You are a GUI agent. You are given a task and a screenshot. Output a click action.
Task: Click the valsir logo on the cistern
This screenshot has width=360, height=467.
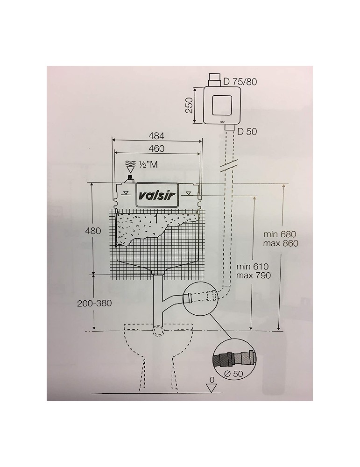tap(157, 196)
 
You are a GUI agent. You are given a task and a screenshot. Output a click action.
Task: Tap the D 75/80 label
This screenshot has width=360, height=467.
tap(240, 82)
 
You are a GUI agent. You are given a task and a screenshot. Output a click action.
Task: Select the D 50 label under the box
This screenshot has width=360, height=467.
tap(247, 131)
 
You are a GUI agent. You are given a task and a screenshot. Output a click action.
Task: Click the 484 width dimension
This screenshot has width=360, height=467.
tap(157, 135)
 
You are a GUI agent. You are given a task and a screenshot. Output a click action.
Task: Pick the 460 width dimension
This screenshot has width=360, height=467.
tap(157, 149)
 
